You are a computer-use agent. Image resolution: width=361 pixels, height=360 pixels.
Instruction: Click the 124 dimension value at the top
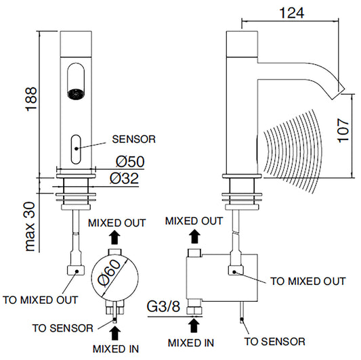(292, 13)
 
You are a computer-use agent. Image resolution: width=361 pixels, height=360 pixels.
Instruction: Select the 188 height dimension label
(31, 99)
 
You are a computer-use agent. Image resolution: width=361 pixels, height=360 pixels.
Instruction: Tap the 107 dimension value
(343, 131)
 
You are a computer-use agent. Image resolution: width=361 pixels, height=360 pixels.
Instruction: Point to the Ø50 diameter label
(130, 161)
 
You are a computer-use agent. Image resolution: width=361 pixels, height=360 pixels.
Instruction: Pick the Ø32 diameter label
(125, 178)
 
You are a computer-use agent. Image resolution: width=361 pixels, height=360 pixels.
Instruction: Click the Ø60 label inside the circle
(109, 273)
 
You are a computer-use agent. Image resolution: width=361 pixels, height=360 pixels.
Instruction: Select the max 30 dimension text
(30, 227)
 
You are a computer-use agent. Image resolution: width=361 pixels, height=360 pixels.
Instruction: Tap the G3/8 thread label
(163, 306)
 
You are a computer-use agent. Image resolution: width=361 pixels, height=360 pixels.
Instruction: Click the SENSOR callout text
(133, 139)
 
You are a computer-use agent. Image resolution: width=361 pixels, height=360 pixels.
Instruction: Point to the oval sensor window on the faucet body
(76, 150)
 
